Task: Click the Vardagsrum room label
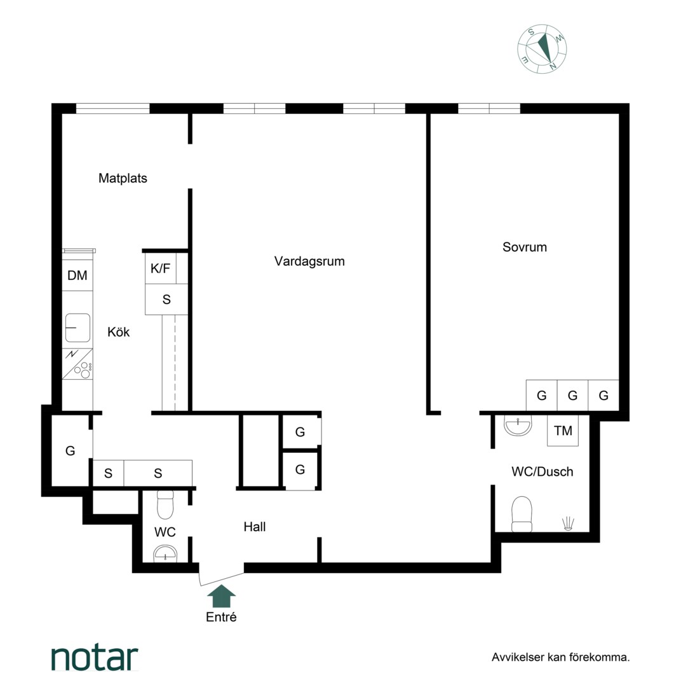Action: (x=309, y=261)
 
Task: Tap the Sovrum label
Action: (x=524, y=247)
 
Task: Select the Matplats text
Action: (x=123, y=178)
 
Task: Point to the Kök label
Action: (x=119, y=331)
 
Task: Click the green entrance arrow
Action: (x=222, y=596)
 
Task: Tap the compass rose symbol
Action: (x=542, y=48)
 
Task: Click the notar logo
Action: (x=95, y=658)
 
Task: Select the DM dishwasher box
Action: (x=78, y=275)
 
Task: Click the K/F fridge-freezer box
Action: (x=161, y=268)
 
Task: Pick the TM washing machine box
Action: (x=563, y=431)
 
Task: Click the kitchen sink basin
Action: (x=78, y=328)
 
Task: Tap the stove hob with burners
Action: (x=78, y=364)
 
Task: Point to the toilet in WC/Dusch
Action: (x=522, y=514)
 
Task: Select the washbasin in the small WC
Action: (x=165, y=553)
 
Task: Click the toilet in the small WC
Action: (x=165, y=504)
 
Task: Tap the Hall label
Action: (x=255, y=527)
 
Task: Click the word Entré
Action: (x=222, y=617)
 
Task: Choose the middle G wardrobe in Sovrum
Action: (x=572, y=396)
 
